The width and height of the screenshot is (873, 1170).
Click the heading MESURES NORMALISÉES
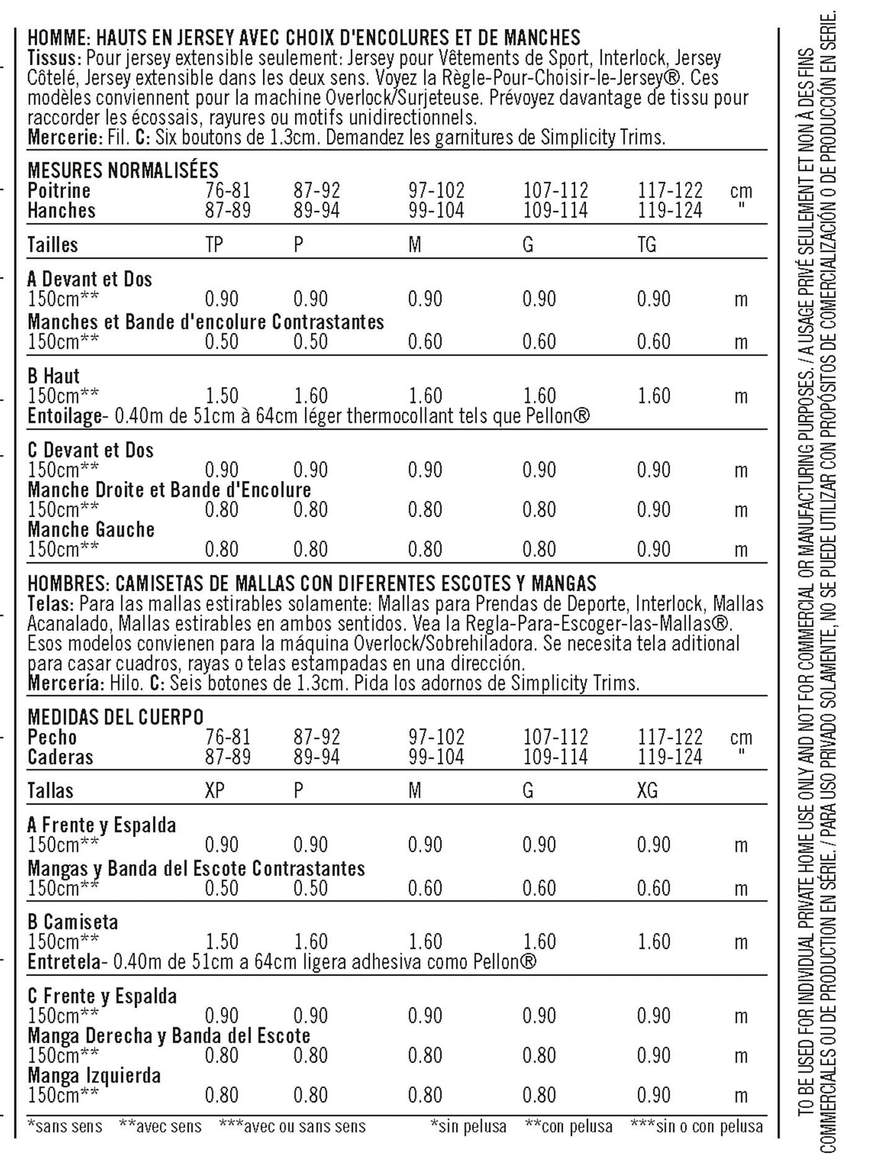[x=123, y=170]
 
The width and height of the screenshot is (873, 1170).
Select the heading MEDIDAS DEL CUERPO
[x=115, y=717]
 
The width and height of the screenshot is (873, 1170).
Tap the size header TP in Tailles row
[x=214, y=245]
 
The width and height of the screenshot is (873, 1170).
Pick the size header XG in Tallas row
[x=647, y=791]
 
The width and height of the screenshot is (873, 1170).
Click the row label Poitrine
[x=59, y=191]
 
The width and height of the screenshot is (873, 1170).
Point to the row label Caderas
[x=60, y=757]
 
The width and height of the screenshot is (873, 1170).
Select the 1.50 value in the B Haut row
[x=222, y=396]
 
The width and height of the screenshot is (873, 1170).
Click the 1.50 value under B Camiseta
[x=222, y=942]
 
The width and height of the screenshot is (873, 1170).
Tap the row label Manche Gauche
[x=91, y=530]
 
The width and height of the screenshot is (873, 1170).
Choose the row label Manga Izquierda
[x=94, y=1076]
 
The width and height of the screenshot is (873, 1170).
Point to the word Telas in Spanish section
[x=50, y=604]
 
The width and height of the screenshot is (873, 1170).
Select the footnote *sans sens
[x=65, y=1126]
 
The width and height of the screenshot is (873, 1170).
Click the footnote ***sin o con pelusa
[x=697, y=1126]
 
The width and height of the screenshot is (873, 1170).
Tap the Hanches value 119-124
[x=670, y=210]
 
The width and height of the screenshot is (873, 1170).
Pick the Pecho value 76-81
[x=228, y=737]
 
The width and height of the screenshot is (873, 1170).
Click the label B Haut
[x=54, y=376]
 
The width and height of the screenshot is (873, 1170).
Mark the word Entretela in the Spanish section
[x=64, y=962]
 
